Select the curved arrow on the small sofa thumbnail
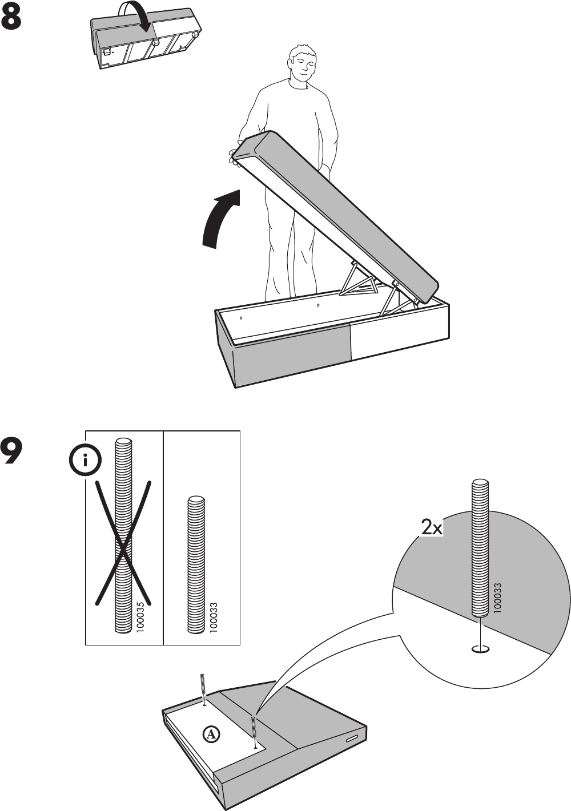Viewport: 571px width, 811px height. [x=136, y=15]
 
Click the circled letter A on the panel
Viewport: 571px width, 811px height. [x=211, y=734]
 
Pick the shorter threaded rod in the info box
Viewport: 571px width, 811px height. [x=196, y=564]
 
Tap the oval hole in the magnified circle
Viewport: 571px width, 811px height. [x=481, y=648]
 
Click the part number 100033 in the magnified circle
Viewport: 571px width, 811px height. [x=498, y=598]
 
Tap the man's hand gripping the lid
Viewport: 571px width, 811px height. [x=234, y=156]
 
